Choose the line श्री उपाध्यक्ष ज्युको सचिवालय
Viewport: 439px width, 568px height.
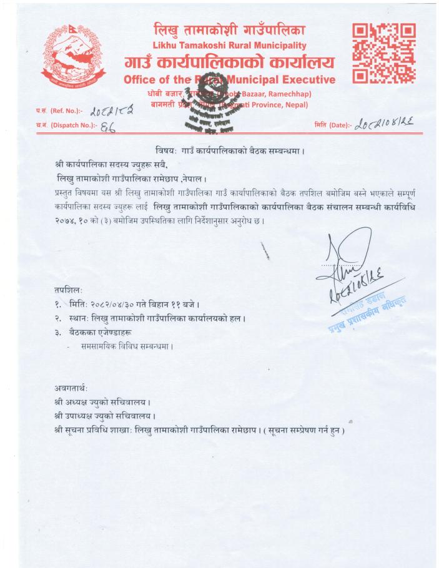106,415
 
